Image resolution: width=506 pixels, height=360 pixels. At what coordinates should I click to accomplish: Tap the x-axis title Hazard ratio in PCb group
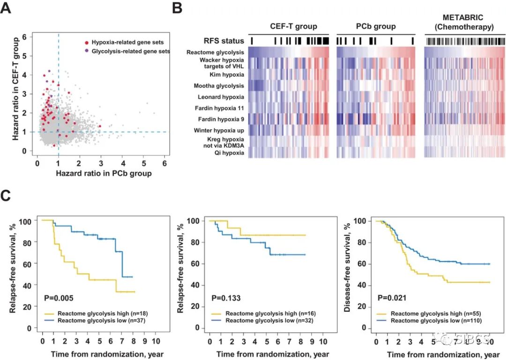click(103, 174)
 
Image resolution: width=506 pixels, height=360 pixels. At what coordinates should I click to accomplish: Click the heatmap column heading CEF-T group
click(293, 26)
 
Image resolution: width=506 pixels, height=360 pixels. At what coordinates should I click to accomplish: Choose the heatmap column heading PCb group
click(376, 26)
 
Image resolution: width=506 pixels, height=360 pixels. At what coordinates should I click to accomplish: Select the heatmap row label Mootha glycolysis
click(219, 86)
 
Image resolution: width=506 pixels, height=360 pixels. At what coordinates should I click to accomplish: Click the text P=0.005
click(60, 297)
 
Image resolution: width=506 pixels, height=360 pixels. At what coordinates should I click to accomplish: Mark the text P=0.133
click(227, 297)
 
